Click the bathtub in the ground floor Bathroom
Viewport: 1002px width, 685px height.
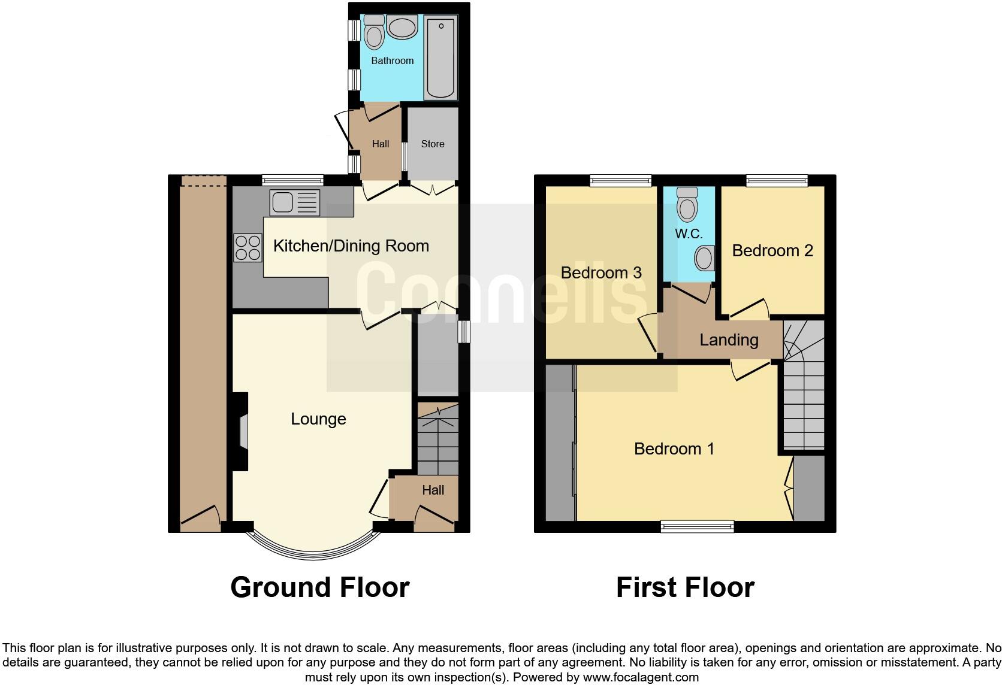(440, 58)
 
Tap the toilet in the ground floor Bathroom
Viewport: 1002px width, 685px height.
(375, 32)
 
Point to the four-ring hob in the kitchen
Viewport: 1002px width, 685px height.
(248, 248)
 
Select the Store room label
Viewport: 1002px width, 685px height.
(433, 144)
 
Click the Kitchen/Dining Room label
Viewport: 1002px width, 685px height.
(351, 245)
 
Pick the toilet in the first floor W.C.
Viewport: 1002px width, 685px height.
(687, 205)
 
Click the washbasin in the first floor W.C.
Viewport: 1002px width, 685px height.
(705, 259)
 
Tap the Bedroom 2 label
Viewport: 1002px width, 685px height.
(772, 250)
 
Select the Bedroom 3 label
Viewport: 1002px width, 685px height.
(601, 272)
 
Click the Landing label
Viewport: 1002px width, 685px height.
(729, 340)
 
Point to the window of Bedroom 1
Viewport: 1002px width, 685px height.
(698, 526)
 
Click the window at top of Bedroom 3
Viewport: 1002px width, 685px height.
(620, 180)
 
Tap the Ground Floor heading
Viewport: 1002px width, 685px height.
(320, 587)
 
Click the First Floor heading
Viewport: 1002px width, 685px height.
(685, 587)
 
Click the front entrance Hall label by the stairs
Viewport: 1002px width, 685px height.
(433, 490)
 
